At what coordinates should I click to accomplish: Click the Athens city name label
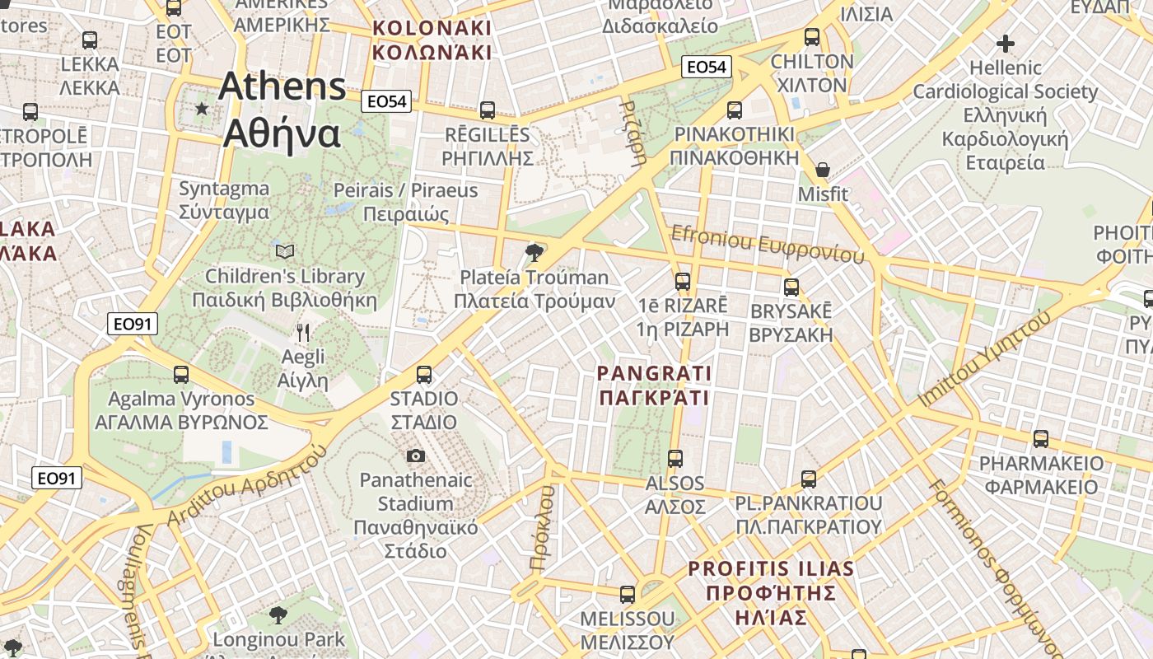282,110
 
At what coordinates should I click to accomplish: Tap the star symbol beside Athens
202,108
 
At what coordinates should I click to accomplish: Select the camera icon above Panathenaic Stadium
416,456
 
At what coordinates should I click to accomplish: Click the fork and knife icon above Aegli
303,332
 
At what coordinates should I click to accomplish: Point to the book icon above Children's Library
285,251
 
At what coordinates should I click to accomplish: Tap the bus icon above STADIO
424,375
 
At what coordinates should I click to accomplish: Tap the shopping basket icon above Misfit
822,171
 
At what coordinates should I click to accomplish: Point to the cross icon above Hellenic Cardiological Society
1005,43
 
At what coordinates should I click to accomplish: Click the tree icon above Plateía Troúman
534,252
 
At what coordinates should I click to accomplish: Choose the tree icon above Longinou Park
278,615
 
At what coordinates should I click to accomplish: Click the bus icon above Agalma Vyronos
181,375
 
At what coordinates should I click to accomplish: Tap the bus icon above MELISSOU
628,594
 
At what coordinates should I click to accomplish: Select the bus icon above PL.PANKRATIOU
809,479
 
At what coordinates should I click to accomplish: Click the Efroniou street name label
768,245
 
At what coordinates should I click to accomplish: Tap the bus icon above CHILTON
812,37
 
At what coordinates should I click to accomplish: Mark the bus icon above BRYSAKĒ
791,287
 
